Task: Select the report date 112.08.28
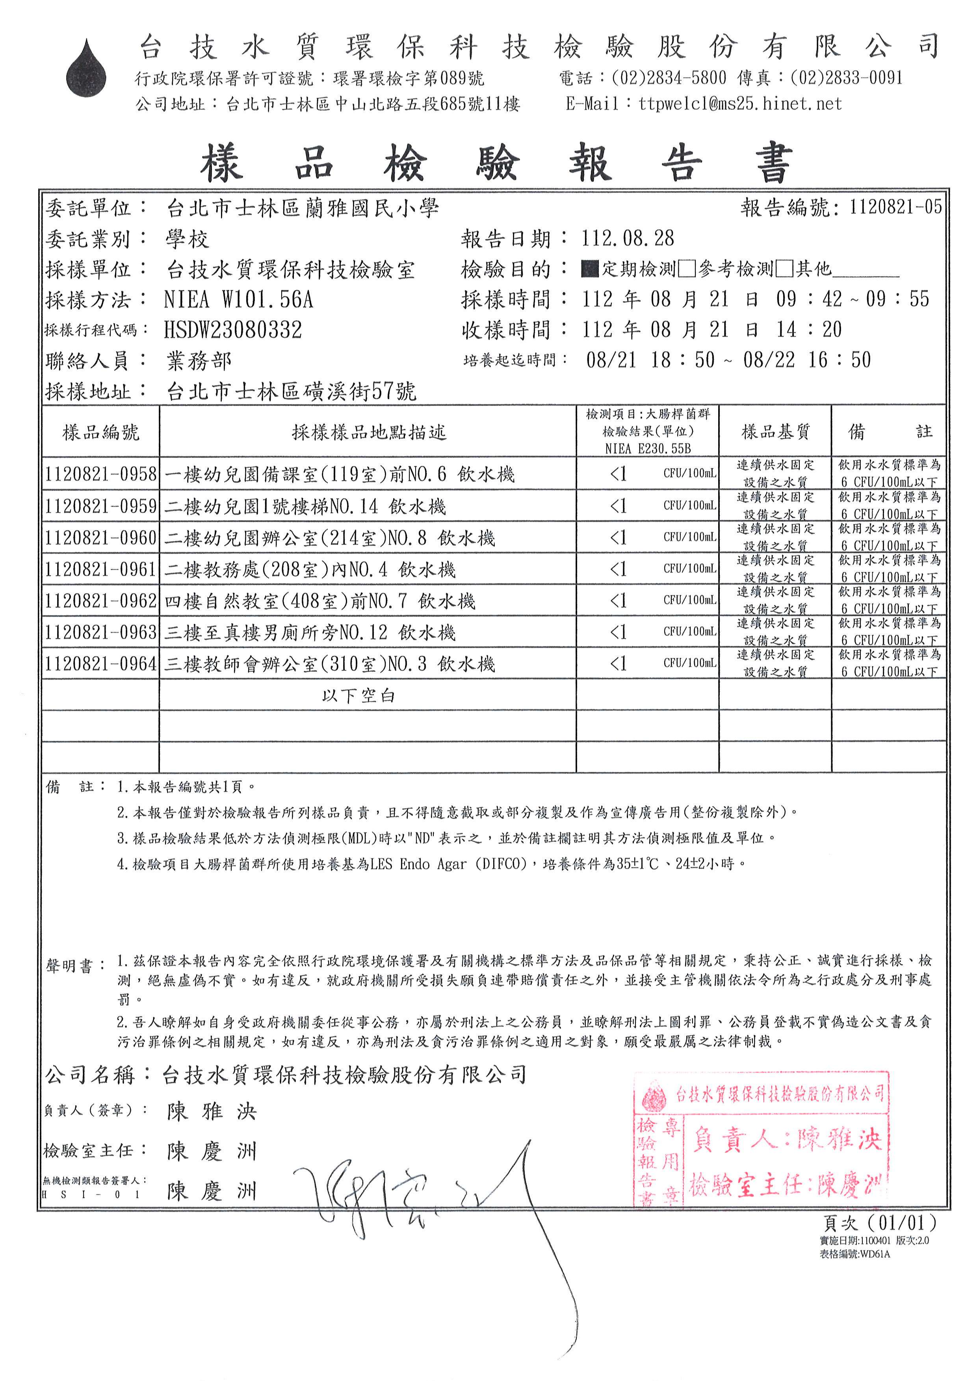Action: coord(628,239)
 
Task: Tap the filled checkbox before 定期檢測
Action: coord(590,269)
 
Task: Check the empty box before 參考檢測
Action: coord(686,269)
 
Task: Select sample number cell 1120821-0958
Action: coord(100,474)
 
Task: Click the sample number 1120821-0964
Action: coord(100,664)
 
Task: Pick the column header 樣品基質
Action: coord(775,431)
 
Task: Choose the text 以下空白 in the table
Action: coord(358,696)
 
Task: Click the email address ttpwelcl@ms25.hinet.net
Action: coord(740,104)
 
